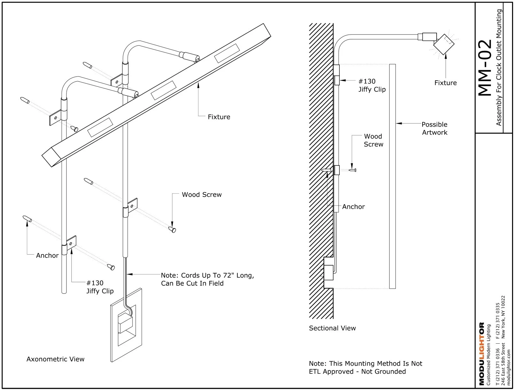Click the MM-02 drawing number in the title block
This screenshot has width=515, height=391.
(485, 68)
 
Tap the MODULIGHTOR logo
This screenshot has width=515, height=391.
(482, 354)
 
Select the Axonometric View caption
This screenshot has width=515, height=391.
(55, 359)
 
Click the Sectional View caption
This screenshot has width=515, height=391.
(332, 328)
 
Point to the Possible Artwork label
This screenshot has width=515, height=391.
(434, 128)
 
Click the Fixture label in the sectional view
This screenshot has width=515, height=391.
(445, 83)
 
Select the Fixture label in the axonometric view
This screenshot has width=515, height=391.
(219, 117)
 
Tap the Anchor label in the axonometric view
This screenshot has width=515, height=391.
(47, 255)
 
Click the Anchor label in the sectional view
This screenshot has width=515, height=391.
(353, 207)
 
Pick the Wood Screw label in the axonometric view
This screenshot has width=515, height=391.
(202, 195)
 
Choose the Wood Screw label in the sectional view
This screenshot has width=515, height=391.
(373, 140)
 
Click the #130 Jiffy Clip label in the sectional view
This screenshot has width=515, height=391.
(372, 85)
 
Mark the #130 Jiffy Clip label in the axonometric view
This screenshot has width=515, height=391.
(100, 287)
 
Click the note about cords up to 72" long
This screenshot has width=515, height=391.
(207, 279)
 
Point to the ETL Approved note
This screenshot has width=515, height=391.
(365, 367)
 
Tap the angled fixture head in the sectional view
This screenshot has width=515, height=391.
(444, 44)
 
